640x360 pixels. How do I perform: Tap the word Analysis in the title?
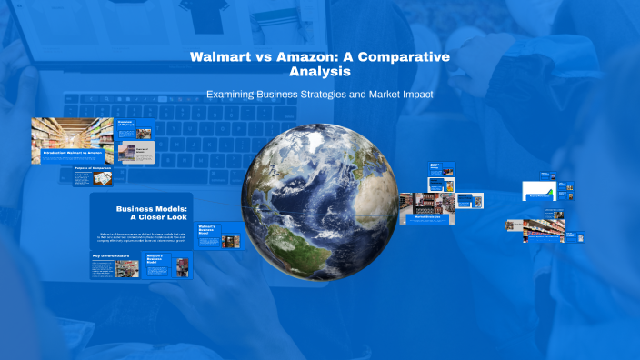(x=319, y=71)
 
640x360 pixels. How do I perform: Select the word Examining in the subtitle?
(x=236, y=94)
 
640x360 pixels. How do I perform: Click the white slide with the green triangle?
(x=538, y=191)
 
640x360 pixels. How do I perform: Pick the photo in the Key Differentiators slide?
(x=127, y=269)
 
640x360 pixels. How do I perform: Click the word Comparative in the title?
(x=405, y=56)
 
